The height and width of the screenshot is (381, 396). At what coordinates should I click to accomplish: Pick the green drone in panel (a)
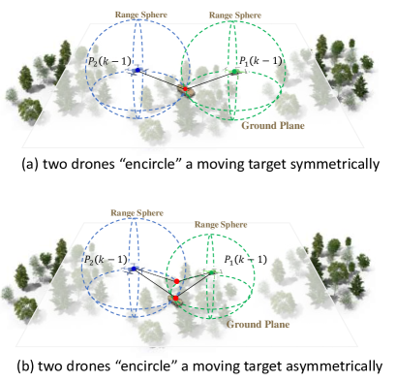233,71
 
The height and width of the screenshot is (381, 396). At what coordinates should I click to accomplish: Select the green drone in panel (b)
211,274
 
